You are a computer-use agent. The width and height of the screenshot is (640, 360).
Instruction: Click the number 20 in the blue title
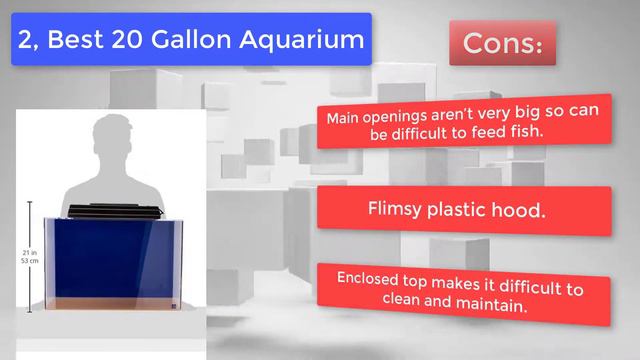[x=127, y=39]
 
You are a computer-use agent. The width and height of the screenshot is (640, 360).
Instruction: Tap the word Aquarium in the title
[x=301, y=41]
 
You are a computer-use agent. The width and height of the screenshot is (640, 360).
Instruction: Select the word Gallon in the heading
[x=191, y=39]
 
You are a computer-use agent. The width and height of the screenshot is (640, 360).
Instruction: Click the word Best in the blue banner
[x=75, y=39]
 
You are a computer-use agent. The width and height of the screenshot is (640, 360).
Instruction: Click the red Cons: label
[x=502, y=43]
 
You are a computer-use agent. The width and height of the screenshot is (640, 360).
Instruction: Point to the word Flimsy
[x=394, y=208]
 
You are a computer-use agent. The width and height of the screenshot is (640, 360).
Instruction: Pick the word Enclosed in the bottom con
[x=367, y=279]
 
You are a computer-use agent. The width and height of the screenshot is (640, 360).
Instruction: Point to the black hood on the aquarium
[x=116, y=211]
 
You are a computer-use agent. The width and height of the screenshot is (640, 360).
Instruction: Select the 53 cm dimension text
[x=30, y=261]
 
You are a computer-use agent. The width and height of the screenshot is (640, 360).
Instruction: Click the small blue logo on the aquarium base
[x=173, y=306]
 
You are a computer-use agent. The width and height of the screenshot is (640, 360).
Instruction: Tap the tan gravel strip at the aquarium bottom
[x=113, y=303]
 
